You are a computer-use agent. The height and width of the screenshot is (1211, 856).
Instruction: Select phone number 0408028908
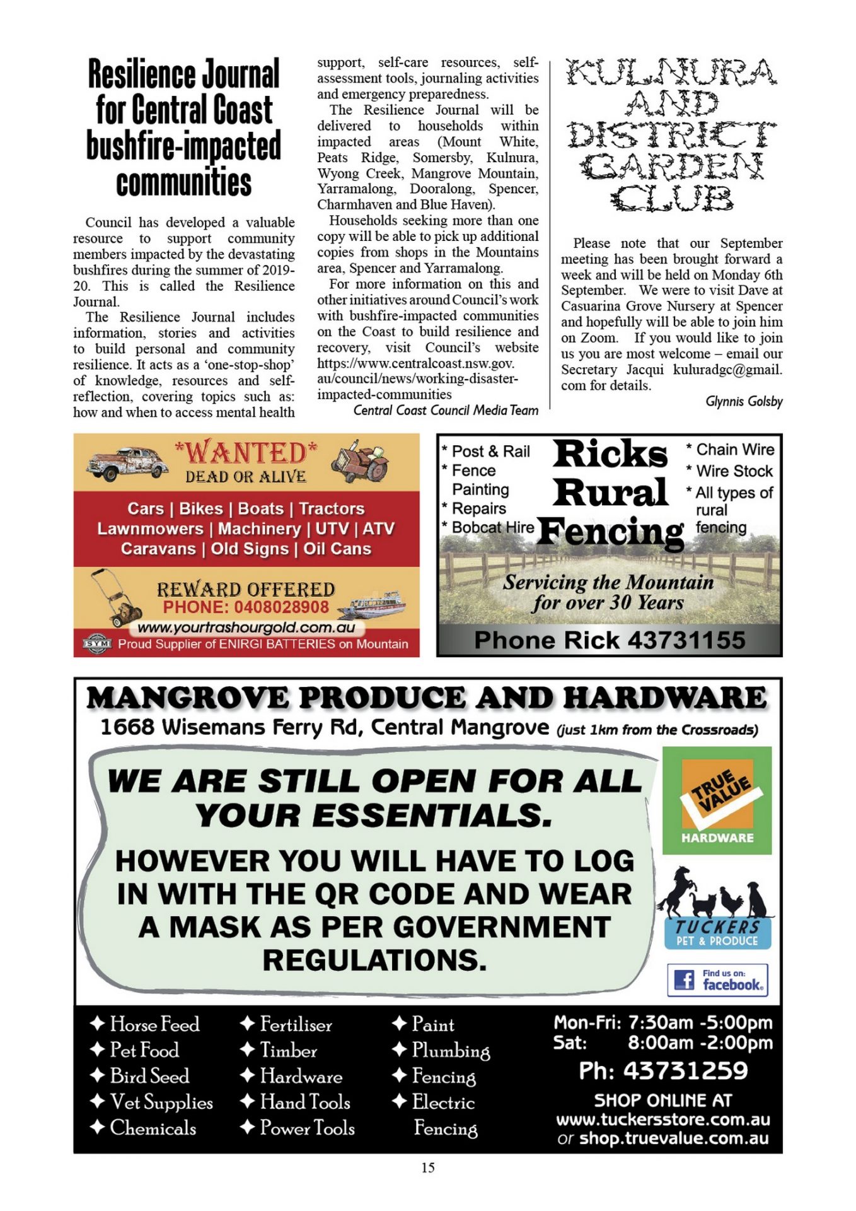[x=246, y=607]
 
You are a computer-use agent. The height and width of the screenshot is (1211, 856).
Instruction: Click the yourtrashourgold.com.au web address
[x=246, y=628]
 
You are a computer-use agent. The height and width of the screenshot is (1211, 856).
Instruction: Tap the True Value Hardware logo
[x=717, y=800]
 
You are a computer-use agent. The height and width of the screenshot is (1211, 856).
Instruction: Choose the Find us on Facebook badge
[x=717, y=980]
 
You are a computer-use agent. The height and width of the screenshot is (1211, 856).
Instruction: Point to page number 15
[x=428, y=1167]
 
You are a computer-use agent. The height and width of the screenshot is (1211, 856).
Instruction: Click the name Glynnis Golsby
[x=744, y=402]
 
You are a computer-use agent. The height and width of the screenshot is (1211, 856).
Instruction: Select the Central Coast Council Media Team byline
[x=446, y=411]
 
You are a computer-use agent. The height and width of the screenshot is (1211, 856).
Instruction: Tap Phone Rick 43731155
[x=610, y=641]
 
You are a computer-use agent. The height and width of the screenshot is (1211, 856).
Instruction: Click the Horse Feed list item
[x=154, y=1024]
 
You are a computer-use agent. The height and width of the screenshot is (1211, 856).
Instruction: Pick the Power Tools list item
[x=307, y=1128]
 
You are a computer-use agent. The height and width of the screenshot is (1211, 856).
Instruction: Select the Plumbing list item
[x=450, y=1050]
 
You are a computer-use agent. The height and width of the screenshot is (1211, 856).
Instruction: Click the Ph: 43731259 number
[x=663, y=1071]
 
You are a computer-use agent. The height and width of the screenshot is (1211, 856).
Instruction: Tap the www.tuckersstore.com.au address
[x=663, y=1120]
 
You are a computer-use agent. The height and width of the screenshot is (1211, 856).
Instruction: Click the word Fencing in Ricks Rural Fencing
[x=610, y=532]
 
